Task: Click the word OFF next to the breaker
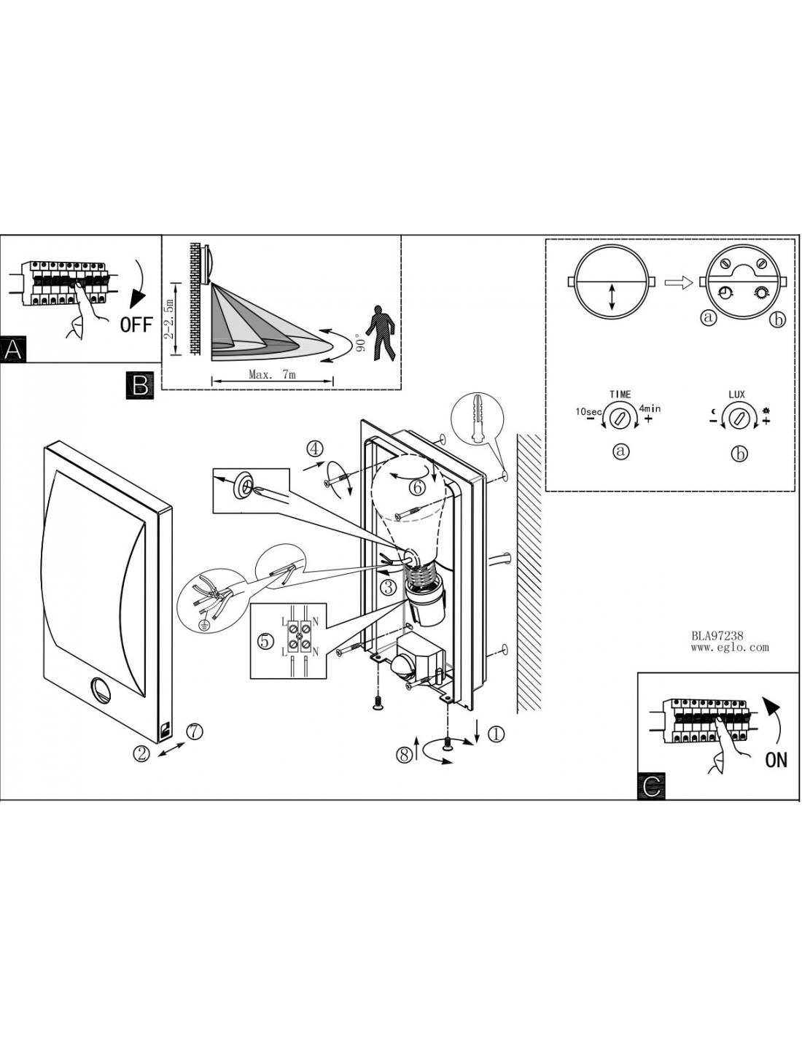(136, 325)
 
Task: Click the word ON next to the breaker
(776, 760)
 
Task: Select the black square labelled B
(140, 384)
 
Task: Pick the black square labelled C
(651, 785)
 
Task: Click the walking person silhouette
(381, 333)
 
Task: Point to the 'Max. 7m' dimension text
(272, 375)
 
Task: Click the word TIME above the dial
(620, 395)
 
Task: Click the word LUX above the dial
(737, 395)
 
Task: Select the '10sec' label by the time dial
(588, 412)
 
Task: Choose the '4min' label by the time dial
(650, 409)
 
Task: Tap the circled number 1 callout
(495, 734)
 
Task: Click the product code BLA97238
(717, 636)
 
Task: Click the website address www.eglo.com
(729, 647)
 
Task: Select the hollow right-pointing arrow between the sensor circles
(678, 282)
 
